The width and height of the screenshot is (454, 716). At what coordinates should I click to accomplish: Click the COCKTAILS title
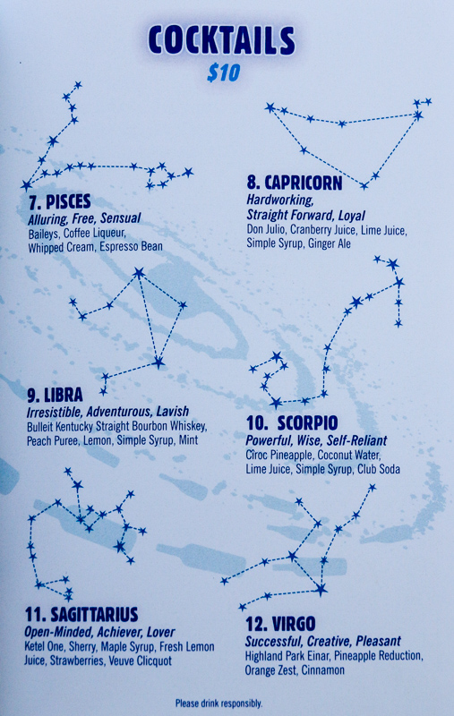click(221, 40)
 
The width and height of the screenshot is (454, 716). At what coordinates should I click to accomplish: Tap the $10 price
click(223, 72)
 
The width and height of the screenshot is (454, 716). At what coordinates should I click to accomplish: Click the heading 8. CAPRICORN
click(294, 183)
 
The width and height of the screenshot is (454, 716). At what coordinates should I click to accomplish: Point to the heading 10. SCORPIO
click(292, 422)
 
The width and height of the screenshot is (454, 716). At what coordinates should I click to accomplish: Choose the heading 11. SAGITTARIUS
click(81, 615)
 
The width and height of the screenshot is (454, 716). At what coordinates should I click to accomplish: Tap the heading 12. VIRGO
click(280, 624)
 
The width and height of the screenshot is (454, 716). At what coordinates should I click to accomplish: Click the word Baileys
click(43, 234)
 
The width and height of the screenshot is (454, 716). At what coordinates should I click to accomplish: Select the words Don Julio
click(265, 230)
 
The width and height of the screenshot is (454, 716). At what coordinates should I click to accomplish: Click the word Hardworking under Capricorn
click(280, 200)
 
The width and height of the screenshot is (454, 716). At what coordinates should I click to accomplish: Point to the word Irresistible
click(54, 412)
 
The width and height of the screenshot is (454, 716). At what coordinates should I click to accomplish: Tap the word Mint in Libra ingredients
click(188, 440)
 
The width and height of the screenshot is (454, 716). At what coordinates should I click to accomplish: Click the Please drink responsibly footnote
click(218, 703)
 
